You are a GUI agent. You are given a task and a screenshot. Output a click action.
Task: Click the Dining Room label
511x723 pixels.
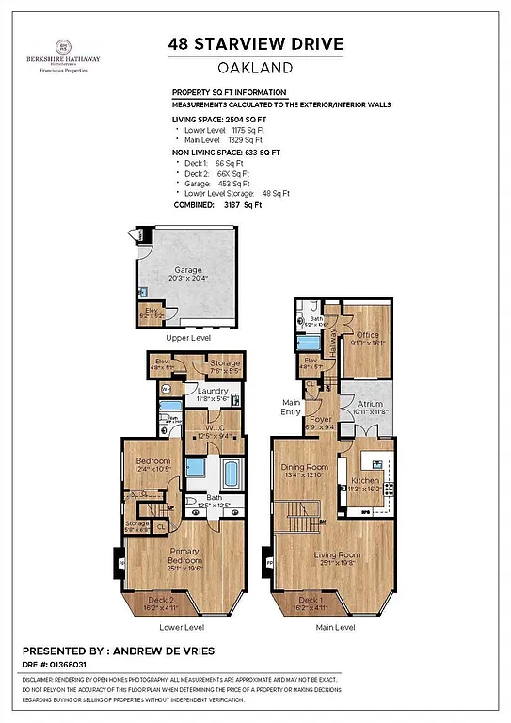pos(304,467)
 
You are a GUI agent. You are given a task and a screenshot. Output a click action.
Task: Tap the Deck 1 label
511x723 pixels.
pos(310,600)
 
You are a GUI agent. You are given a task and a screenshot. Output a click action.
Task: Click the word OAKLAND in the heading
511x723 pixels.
pos(255,67)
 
